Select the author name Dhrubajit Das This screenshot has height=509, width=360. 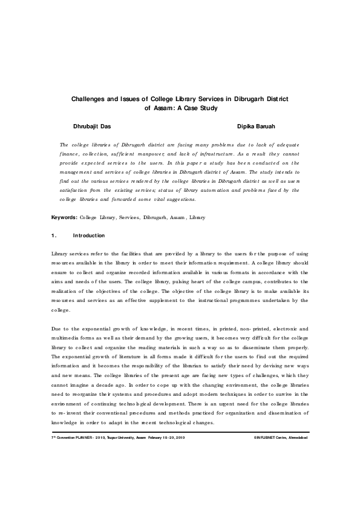[92, 127]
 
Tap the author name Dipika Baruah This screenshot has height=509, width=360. [259, 127]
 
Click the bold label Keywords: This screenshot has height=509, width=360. [64, 199]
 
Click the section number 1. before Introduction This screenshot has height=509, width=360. [54, 218]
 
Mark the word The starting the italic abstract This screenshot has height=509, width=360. [64, 145]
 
